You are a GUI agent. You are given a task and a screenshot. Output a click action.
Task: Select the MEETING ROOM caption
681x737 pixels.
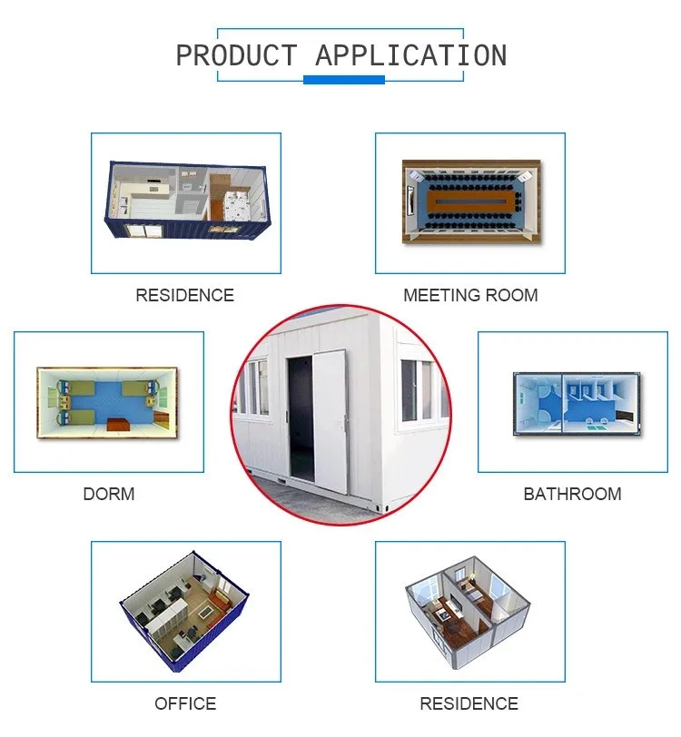(470, 295)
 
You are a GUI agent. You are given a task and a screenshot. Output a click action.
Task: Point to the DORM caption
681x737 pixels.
(108, 495)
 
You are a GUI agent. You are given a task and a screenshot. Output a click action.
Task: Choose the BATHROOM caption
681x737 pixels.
(572, 495)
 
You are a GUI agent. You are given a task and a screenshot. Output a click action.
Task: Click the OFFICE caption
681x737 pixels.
(185, 703)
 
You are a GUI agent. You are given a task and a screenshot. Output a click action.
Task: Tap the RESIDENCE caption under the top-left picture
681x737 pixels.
(184, 295)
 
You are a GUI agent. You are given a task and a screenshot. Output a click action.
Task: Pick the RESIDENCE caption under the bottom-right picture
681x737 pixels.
(469, 703)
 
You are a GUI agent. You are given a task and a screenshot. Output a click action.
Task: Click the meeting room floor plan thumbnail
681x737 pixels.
(470, 202)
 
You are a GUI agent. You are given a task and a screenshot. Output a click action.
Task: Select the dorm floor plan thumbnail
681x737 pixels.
(108, 401)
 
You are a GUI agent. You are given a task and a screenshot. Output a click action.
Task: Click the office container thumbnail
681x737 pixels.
(185, 611)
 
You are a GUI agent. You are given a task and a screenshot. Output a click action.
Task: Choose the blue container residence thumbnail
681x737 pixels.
(185, 202)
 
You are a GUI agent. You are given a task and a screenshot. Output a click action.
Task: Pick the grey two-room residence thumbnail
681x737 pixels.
(469, 611)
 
